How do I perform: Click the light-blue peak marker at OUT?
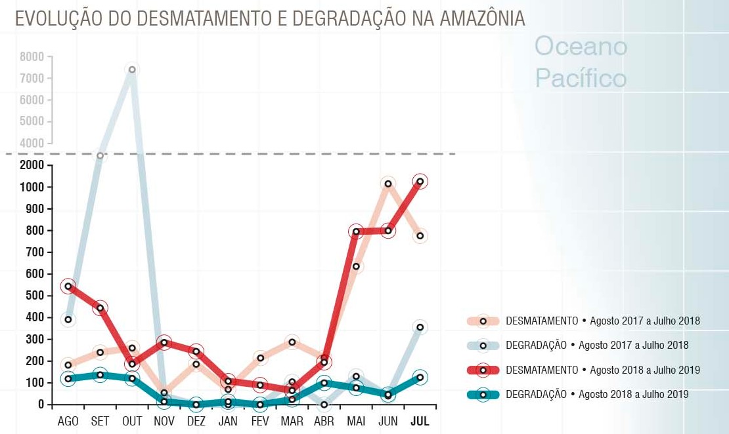point(132,69)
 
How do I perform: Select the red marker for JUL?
point(420,182)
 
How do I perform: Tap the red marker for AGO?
point(68,286)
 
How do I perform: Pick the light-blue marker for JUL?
point(420,327)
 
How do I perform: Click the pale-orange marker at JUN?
point(388,184)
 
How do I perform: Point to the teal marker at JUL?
point(420,378)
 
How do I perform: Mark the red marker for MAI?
point(357,231)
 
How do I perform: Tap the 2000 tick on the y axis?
point(32,165)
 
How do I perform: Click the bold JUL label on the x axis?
point(420,422)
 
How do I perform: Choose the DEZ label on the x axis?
point(196,422)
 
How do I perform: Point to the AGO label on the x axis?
point(68,422)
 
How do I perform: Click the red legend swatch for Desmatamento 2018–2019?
point(483,370)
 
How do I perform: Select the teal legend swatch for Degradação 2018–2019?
point(483,395)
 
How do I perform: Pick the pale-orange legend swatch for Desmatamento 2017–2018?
point(483,321)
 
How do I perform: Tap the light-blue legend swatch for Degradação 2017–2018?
point(483,345)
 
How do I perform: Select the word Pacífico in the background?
point(581,79)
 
